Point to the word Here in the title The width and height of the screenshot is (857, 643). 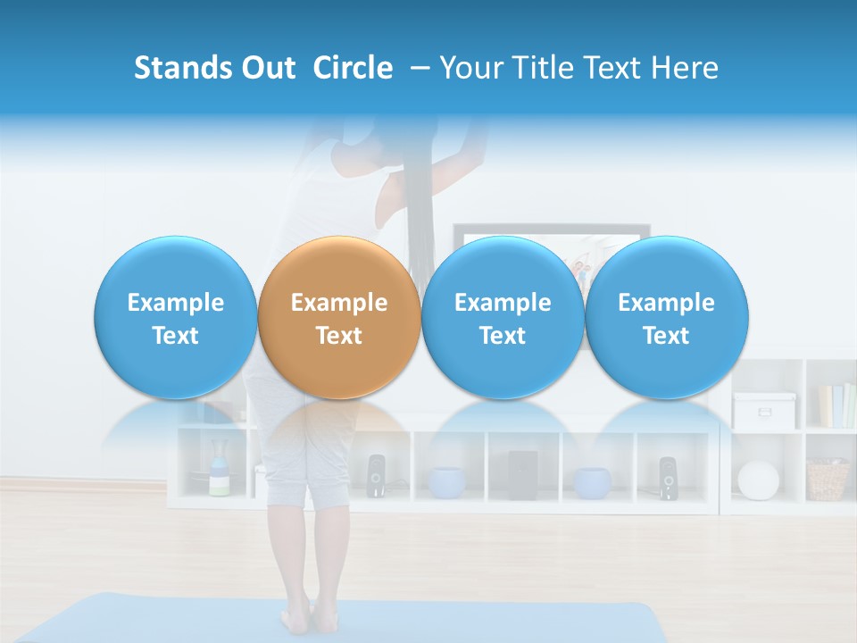(685, 68)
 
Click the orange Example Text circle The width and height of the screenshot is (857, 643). (338, 318)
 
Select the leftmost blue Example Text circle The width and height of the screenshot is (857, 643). (175, 318)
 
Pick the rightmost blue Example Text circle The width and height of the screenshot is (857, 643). (666, 318)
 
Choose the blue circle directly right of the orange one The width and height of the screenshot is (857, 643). (503, 318)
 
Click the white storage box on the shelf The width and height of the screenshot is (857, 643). (764, 410)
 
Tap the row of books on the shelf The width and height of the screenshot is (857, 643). (836, 405)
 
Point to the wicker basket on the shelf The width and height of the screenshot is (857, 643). (828, 480)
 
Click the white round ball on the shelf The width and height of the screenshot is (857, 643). (758, 480)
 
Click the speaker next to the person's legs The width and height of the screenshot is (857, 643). (376, 476)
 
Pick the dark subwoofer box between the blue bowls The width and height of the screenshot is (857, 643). (522, 475)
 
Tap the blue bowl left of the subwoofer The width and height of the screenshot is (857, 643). (446, 482)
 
